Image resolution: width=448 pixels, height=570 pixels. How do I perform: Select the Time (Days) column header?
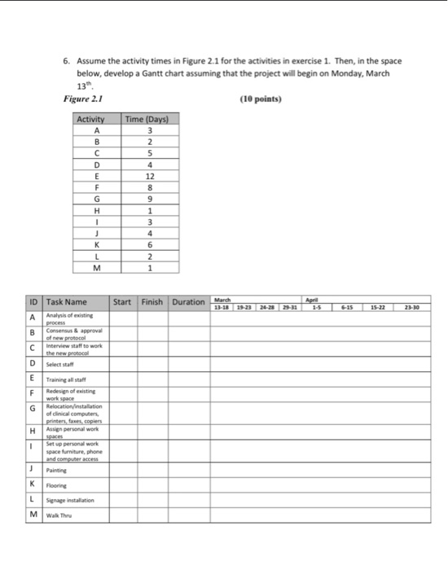point(146,119)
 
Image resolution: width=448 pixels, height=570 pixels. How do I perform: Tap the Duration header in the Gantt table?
point(187,302)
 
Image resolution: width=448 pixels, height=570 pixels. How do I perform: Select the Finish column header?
point(152,302)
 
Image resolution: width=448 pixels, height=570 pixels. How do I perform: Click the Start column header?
point(122,302)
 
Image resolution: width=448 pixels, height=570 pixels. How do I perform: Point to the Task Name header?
point(67,302)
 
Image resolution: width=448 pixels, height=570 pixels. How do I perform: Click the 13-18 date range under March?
point(222,307)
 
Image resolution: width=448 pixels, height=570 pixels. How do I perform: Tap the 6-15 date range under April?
point(348,307)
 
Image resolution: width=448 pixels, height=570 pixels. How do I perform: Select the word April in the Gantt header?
point(313,299)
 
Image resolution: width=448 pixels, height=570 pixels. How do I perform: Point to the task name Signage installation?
point(70,499)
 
